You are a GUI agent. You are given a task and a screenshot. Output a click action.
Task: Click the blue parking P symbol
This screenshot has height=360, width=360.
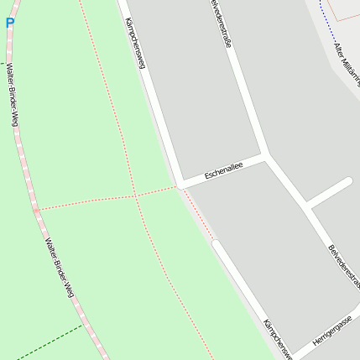click(9, 23)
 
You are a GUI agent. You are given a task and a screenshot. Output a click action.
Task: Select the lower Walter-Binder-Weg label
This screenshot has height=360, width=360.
click(58, 269)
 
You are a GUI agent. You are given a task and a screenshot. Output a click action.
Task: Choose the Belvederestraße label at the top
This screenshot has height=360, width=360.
click(220, 26)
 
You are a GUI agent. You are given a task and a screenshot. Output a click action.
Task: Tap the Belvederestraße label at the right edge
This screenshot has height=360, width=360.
click(344, 267)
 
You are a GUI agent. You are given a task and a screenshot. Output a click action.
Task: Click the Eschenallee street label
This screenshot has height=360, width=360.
click(223, 170)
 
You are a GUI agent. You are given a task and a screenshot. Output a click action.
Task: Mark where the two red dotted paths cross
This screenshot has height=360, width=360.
click(135, 196)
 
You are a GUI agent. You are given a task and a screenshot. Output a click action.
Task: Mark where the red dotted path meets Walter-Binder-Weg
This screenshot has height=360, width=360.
click(36, 209)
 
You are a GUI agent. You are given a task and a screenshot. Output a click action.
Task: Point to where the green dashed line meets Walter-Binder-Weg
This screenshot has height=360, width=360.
click(83, 325)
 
